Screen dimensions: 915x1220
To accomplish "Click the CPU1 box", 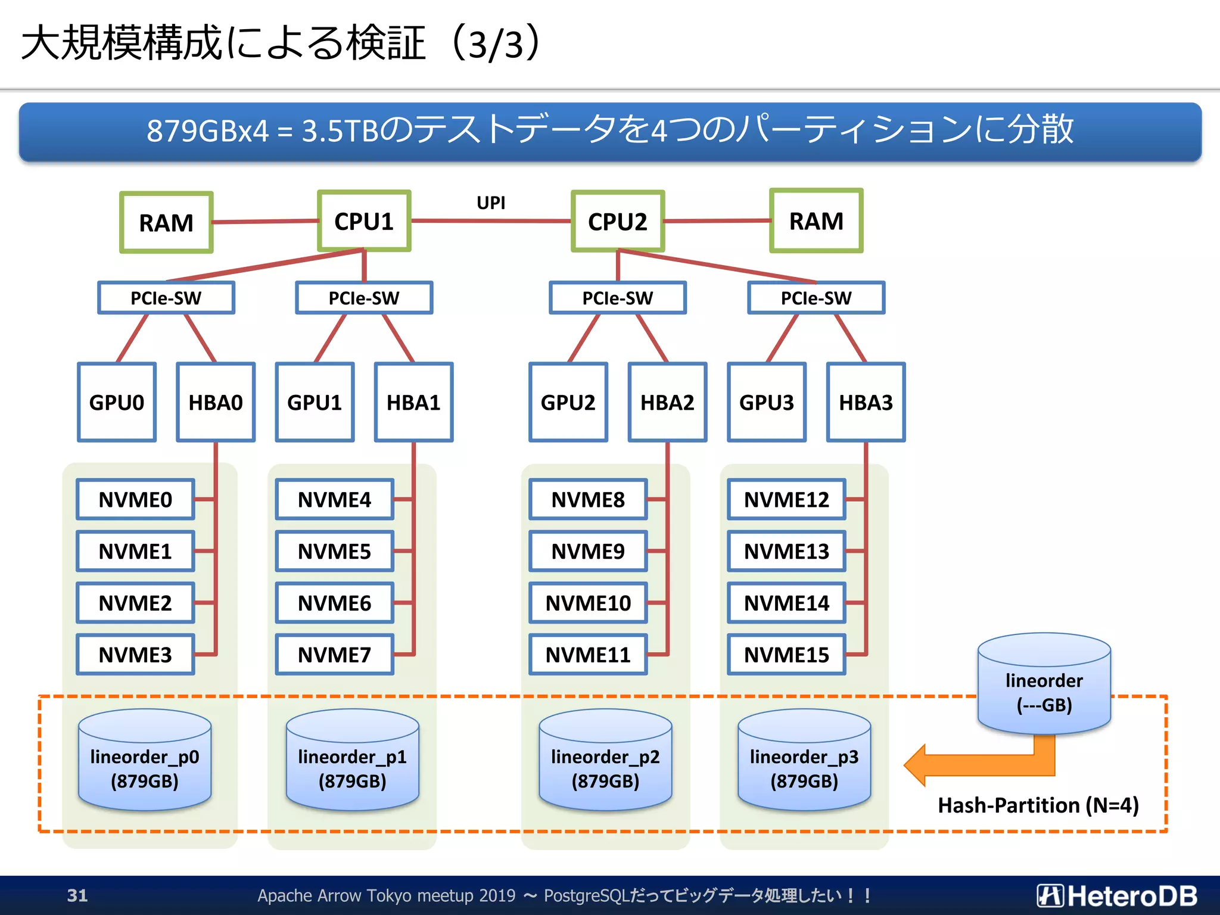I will pyautogui.click(x=364, y=221).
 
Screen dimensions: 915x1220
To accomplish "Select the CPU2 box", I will pyautogui.click(x=618, y=222).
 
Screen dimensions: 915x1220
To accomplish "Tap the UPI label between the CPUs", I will pyautogui.click(x=491, y=203).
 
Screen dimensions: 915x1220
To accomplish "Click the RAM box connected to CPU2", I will pyautogui.click(x=816, y=221).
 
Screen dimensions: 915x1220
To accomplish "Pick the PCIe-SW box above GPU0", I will pyautogui.click(x=166, y=298).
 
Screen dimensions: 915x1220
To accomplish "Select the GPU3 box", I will pyautogui.click(x=767, y=402).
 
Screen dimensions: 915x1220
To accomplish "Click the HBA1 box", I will pyautogui.click(x=413, y=402).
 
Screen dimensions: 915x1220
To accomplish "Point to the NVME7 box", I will pyautogui.click(x=334, y=655).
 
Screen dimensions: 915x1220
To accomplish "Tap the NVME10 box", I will pyautogui.click(x=588, y=603).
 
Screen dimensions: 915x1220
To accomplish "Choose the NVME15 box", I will pyautogui.click(x=786, y=655).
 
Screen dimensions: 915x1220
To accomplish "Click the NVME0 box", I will pyautogui.click(x=135, y=499).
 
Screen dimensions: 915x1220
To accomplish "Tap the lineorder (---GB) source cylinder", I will pyautogui.click(x=1044, y=685).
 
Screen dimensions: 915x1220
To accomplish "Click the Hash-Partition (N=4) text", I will pyautogui.click(x=1038, y=805).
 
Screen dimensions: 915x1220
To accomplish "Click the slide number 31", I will pyautogui.click(x=77, y=895).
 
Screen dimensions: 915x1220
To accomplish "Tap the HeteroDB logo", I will pyautogui.click(x=1117, y=895).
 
